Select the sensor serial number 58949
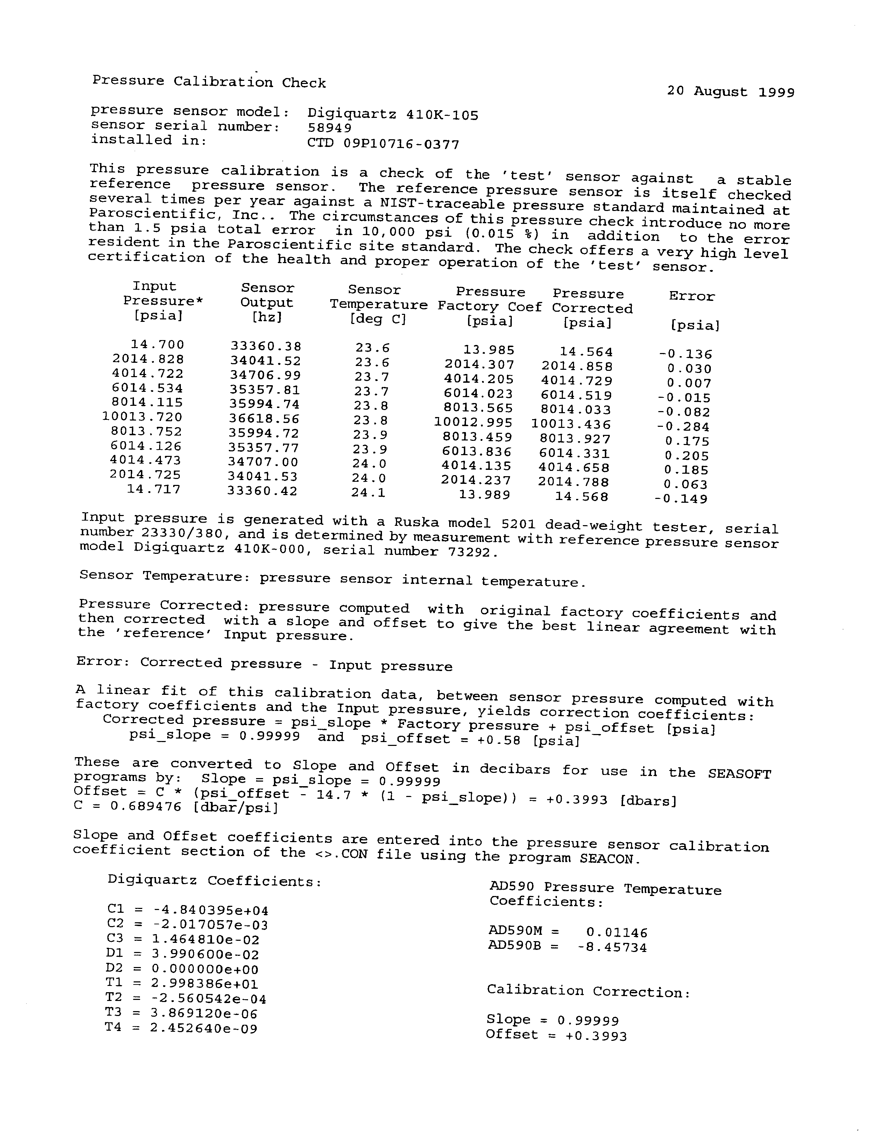(330, 127)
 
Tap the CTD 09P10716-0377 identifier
(383, 143)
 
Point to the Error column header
(691, 296)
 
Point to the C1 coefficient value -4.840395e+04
(211, 910)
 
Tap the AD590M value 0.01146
(617, 933)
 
